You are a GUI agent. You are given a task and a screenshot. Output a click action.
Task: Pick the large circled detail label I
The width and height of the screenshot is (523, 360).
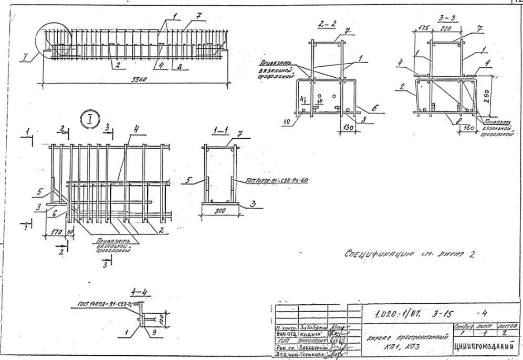click(x=90, y=119)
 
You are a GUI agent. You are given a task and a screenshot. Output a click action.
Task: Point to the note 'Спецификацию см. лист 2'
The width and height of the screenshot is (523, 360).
click(x=407, y=256)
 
